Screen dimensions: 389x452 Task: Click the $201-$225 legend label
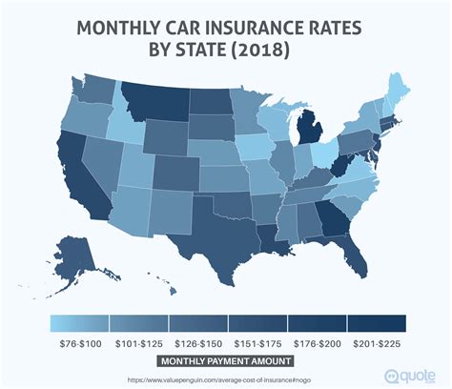click(376, 342)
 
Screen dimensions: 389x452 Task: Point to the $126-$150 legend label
click(195, 342)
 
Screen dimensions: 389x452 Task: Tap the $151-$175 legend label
click(256, 342)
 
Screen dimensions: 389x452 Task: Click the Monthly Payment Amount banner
click(226, 361)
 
